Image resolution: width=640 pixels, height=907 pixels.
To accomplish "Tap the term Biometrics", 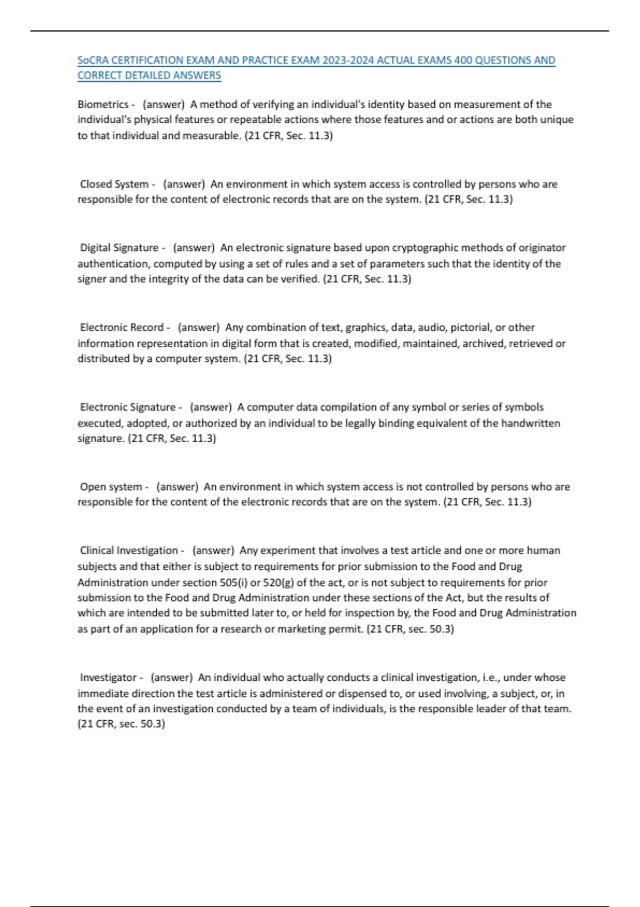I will (103, 105).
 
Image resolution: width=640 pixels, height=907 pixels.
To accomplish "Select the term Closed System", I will (114, 184).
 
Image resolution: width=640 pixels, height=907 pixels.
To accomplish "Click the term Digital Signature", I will (119, 248).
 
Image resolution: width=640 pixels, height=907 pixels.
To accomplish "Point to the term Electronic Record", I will (122, 327).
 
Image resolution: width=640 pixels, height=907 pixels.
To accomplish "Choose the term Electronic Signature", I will (127, 407).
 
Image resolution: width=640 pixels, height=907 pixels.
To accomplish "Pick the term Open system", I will (111, 487).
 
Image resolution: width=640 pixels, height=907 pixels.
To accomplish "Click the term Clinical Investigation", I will (129, 550).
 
